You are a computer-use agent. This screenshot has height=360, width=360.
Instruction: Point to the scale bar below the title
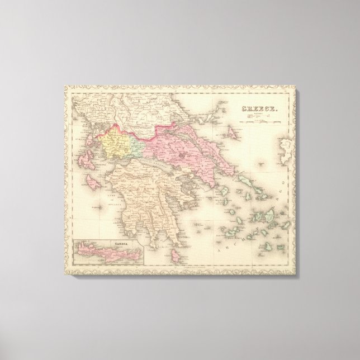point(259,116)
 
